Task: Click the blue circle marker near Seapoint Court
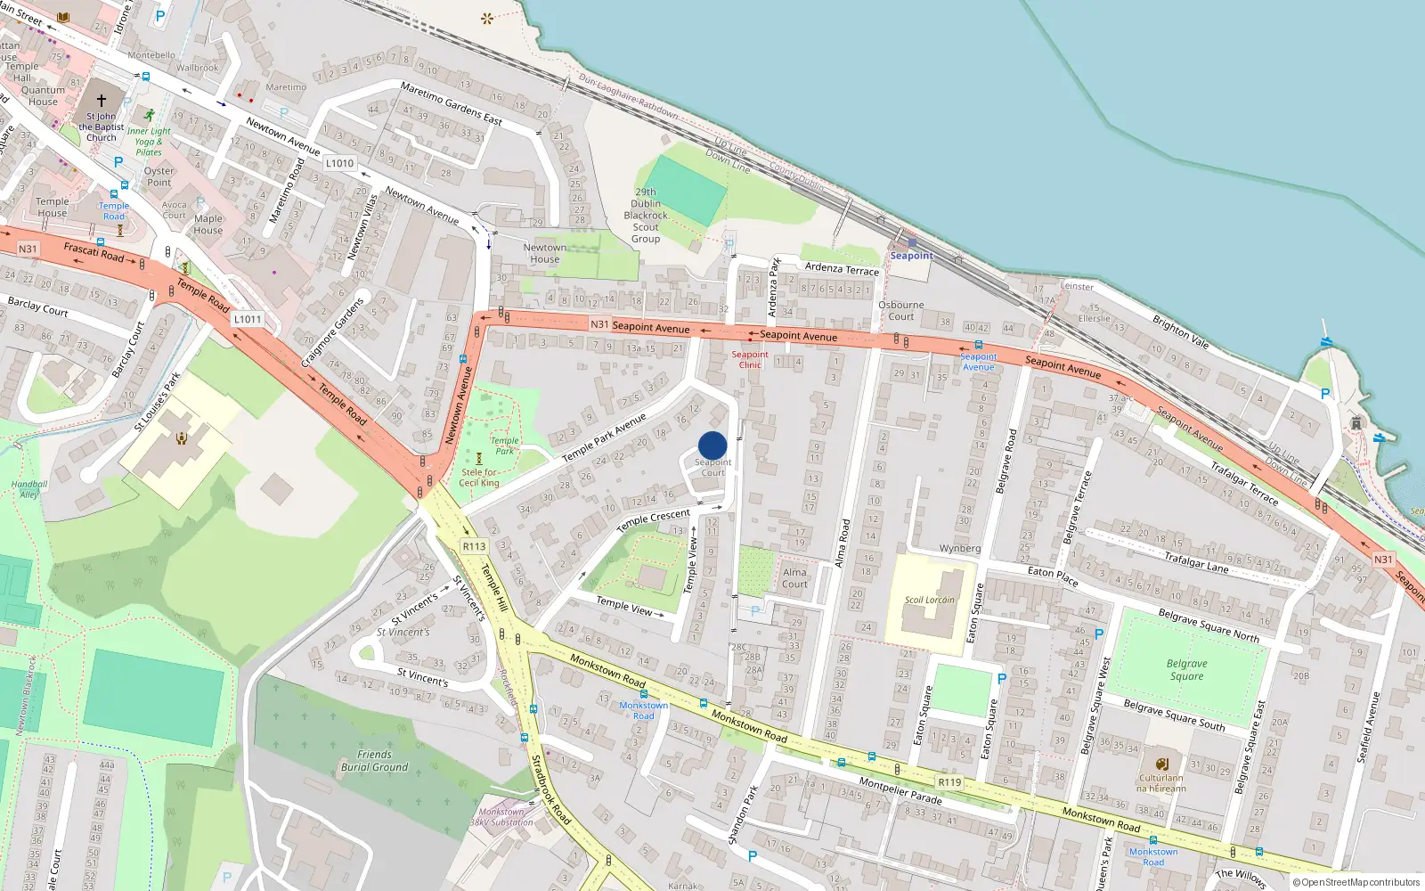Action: tap(712, 445)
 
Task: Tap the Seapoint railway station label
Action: tap(911, 256)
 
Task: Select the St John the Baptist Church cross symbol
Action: tap(101, 101)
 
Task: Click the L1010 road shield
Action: tap(339, 163)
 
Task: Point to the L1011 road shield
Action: tap(248, 319)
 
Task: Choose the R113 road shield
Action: tap(474, 546)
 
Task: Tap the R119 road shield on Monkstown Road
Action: tap(949, 782)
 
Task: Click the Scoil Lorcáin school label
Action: tap(929, 600)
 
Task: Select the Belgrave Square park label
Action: tap(1186, 670)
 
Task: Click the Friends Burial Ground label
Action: tap(374, 761)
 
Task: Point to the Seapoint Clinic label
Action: tap(750, 359)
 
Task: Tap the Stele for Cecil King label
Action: tap(479, 478)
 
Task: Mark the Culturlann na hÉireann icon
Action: tap(1161, 764)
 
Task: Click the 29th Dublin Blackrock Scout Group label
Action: tap(646, 216)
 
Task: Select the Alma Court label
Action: tap(794, 578)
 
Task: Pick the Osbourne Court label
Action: tap(900, 310)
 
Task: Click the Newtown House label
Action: tap(544, 253)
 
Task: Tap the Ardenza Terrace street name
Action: tap(842, 268)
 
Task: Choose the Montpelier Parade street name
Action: tap(900, 790)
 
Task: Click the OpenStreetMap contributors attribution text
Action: tap(1356, 882)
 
